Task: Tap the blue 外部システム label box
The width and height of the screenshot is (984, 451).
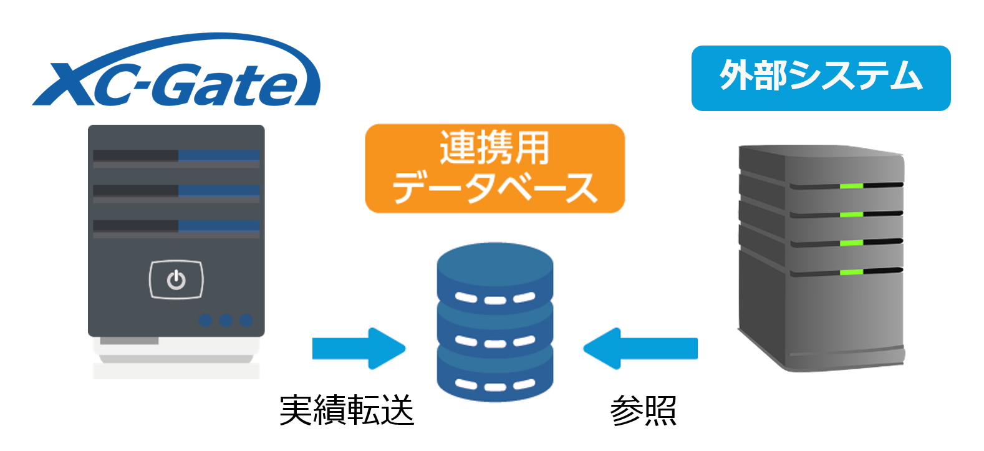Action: point(821,78)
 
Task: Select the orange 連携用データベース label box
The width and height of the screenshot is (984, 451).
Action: point(494,168)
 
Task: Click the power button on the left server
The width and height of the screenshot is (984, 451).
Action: point(176,279)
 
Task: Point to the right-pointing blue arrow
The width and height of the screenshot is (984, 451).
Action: point(359,348)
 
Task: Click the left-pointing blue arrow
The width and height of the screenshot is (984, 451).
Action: point(640,348)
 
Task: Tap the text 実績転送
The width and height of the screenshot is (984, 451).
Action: point(347,410)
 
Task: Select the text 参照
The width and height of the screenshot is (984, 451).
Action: point(643,410)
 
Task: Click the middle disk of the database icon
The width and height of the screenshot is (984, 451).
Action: point(495,331)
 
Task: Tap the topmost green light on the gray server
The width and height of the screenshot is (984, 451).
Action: point(851,186)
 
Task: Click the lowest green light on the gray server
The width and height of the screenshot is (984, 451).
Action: point(851,272)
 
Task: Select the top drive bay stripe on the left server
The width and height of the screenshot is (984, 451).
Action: point(176,156)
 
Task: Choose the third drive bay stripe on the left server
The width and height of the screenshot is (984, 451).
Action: point(176,226)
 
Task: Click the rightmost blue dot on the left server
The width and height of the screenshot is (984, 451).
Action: point(246,321)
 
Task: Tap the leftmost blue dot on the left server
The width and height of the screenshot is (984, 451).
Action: point(205,321)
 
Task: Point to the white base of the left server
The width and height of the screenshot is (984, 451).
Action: point(176,358)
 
